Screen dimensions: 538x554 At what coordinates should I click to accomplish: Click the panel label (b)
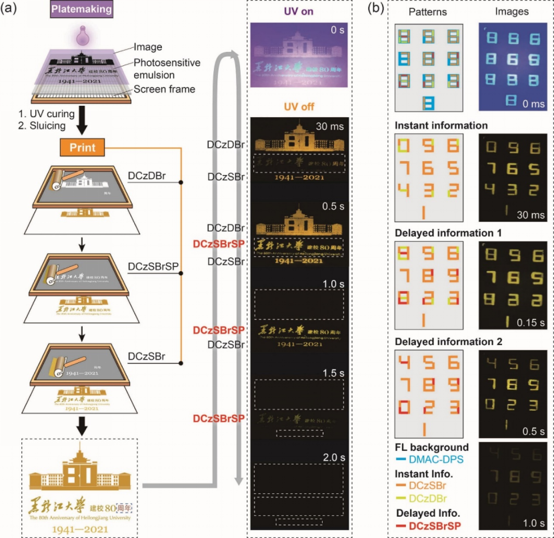(377, 9)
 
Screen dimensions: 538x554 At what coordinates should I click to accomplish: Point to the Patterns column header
(429, 11)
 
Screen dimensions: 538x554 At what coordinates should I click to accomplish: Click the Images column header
(513, 11)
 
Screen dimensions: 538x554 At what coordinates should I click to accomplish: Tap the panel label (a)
(12, 9)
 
